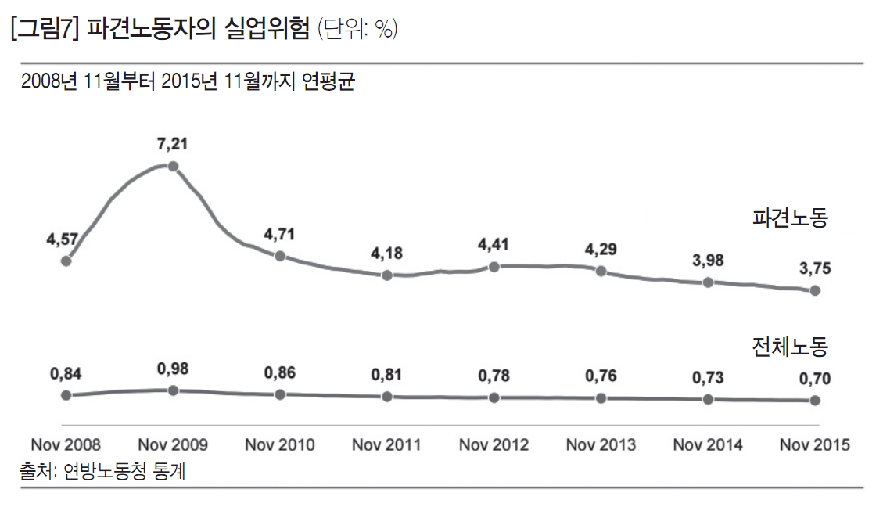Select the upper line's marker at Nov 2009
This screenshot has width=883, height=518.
173,166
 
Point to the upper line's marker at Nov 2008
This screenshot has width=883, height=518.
66,261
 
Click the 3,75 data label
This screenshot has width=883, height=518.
815,268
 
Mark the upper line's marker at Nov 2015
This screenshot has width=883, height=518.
815,290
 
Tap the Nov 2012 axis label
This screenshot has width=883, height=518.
494,445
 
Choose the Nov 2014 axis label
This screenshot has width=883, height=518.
708,445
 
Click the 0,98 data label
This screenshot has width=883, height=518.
173,369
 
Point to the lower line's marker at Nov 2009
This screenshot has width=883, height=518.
173,390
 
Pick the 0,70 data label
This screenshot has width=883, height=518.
815,380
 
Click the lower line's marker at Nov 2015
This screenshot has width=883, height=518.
815,400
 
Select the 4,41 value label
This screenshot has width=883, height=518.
494,244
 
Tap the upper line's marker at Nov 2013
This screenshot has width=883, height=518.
601,271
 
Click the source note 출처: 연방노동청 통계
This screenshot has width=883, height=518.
102,471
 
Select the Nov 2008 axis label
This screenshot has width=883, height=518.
66,445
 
